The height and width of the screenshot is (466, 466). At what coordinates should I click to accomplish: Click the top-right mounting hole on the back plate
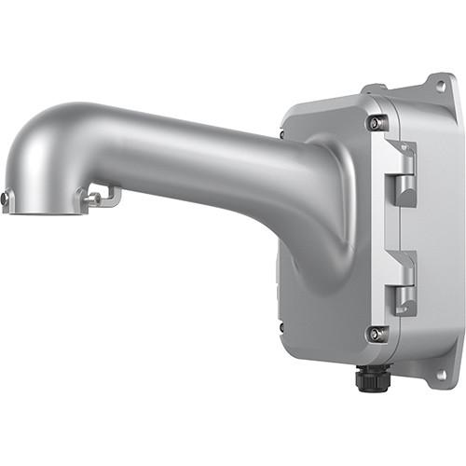tap(440, 87)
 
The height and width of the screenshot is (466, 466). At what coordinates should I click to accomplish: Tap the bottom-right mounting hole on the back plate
tap(441, 376)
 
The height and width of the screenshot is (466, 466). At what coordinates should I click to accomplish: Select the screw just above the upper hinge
tap(375, 122)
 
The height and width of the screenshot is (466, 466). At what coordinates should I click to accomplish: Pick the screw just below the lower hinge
tap(376, 333)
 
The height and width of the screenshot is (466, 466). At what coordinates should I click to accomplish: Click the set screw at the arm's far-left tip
tap(5, 199)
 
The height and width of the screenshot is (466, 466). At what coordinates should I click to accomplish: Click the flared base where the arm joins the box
tap(317, 214)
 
